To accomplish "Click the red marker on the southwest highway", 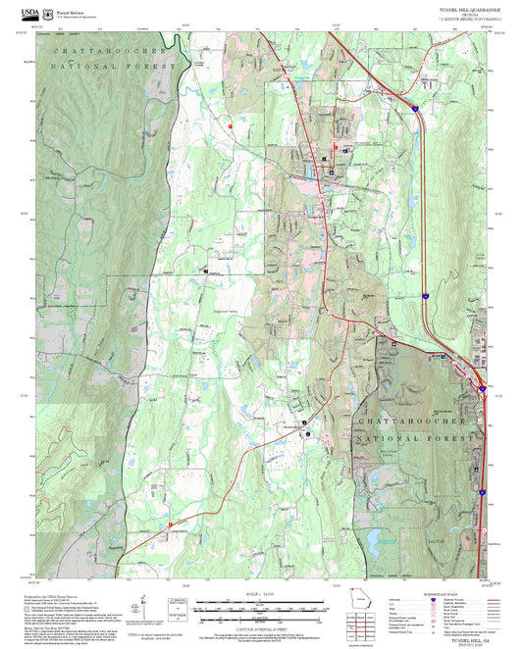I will click(170, 524).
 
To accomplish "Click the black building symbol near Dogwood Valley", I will click(206, 269).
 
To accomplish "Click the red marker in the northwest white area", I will click(230, 125).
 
